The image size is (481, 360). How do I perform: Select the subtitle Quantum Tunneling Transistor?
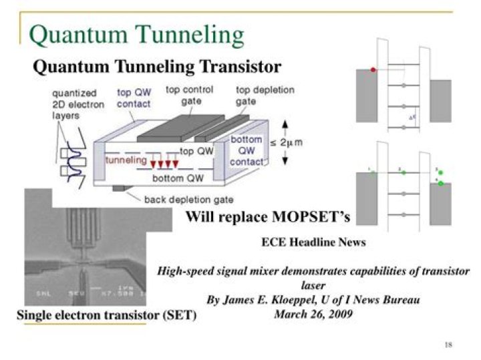(x=157, y=67)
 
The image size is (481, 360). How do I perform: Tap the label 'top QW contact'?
(x=134, y=98)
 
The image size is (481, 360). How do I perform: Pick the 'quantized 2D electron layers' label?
(x=73, y=104)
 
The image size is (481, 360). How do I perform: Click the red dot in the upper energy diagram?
(x=373, y=69)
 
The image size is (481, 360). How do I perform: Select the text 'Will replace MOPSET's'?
(x=267, y=216)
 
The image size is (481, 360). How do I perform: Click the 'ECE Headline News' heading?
(x=313, y=242)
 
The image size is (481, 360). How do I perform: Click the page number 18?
(x=448, y=345)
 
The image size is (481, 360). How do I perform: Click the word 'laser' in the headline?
(x=313, y=286)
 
